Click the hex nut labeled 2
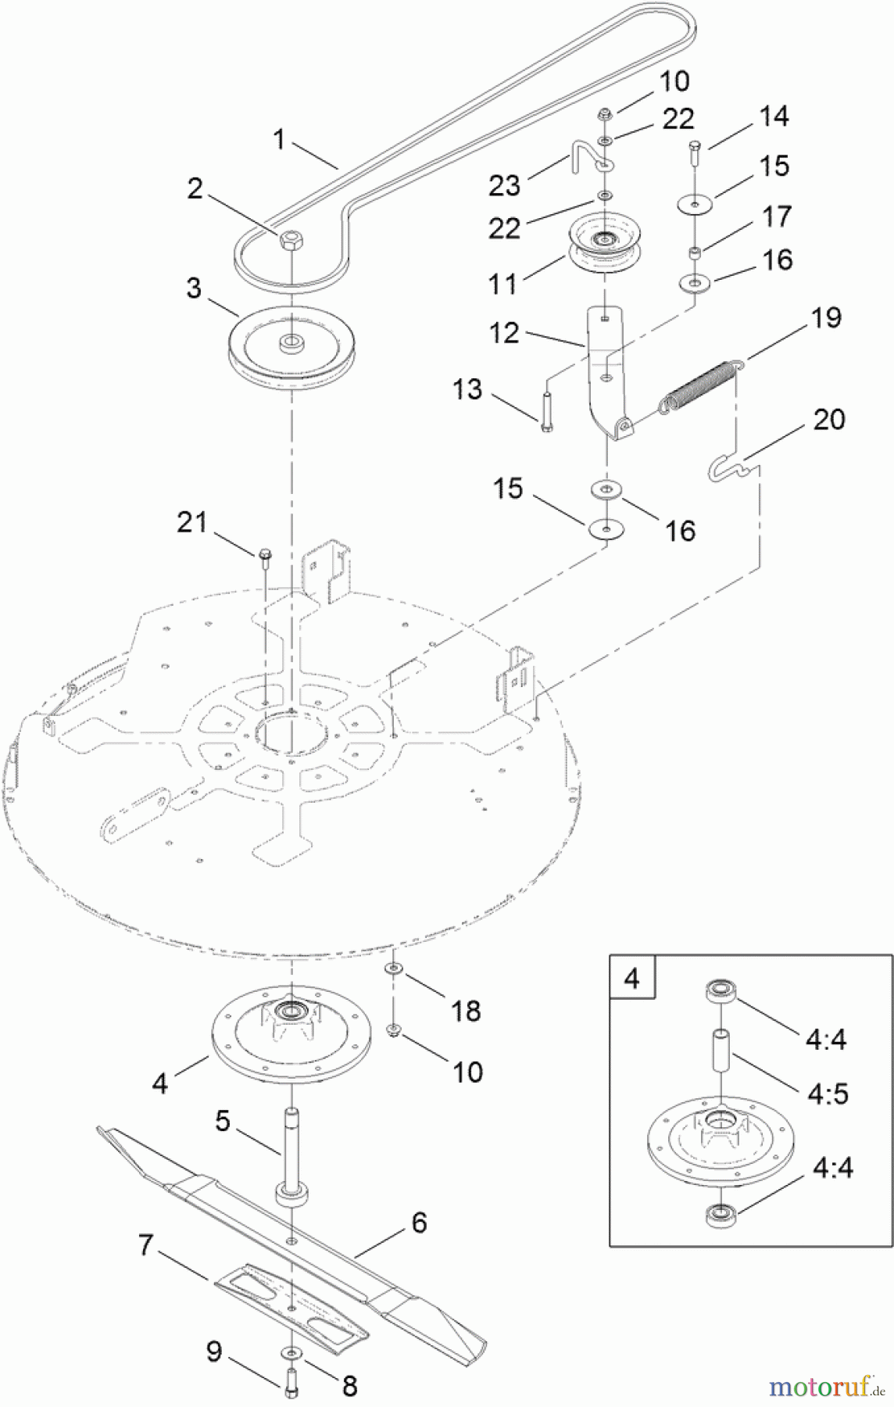[290, 238]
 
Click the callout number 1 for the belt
[279, 141]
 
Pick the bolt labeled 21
[265, 556]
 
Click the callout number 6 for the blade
[419, 1223]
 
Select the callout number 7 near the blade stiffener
[145, 1244]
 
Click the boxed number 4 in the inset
[632, 978]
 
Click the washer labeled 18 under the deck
[393, 969]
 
